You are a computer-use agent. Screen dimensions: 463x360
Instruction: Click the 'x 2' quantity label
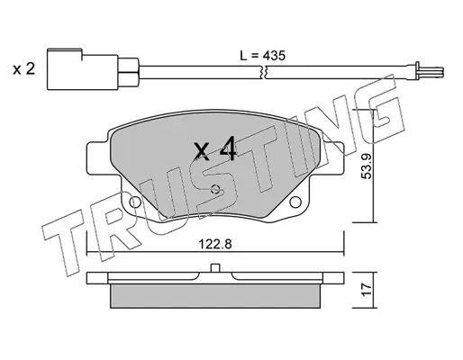click(23, 69)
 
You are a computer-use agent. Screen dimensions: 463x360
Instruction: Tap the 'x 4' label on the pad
click(215, 149)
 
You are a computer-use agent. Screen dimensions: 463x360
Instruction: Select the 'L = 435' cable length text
click(262, 56)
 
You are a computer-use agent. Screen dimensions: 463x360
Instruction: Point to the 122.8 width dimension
click(215, 244)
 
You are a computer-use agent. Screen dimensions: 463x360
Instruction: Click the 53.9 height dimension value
click(367, 166)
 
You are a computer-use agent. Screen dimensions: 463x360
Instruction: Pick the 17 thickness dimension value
click(367, 290)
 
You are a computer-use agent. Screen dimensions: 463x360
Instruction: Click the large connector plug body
click(82, 69)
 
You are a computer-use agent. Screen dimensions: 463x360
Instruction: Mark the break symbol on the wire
click(264, 73)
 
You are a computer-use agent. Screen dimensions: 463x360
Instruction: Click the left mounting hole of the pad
click(135, 202)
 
